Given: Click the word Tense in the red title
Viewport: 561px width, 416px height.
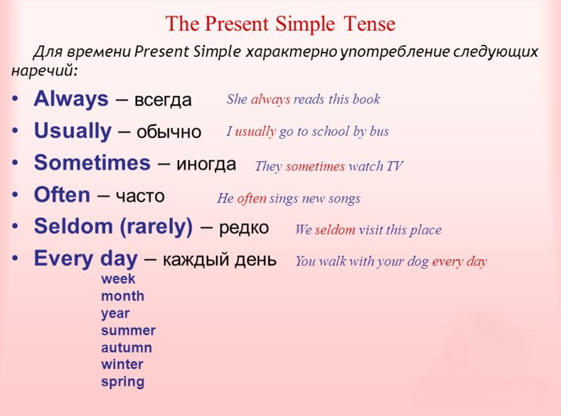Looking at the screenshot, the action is pos(369,24).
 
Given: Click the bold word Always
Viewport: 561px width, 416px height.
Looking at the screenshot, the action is pos(71,99).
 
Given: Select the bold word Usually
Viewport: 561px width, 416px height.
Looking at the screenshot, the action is pos(73,131).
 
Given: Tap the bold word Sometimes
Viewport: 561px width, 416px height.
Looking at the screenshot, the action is pos(92,162).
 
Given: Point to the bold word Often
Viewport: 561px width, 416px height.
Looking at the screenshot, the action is pos(62,195).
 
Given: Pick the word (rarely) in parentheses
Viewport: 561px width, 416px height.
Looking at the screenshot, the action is pos(156,227).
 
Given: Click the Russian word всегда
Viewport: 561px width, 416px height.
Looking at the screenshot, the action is pos(163,100).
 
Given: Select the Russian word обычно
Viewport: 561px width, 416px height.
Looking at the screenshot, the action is pos(169,132).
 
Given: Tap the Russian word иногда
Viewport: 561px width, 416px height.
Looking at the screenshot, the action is pos(206,164).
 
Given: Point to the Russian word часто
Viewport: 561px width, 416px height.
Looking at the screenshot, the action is pos(140,197).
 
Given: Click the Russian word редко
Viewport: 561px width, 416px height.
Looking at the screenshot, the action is pos(244,227).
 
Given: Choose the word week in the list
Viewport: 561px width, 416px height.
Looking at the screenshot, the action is pos(118,279).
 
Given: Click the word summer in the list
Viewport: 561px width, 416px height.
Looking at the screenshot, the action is pos(128,331).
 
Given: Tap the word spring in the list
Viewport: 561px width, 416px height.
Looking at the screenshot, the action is pos(122,382).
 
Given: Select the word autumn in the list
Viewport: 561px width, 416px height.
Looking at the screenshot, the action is pos(127,348).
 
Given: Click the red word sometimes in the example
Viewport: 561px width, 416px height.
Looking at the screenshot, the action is pos(315,167).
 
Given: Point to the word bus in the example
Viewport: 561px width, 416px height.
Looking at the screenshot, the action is pos(379,131).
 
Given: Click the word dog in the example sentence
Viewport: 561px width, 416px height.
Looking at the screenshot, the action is pos(417,261).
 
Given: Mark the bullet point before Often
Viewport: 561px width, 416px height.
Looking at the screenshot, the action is pos(15,195).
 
